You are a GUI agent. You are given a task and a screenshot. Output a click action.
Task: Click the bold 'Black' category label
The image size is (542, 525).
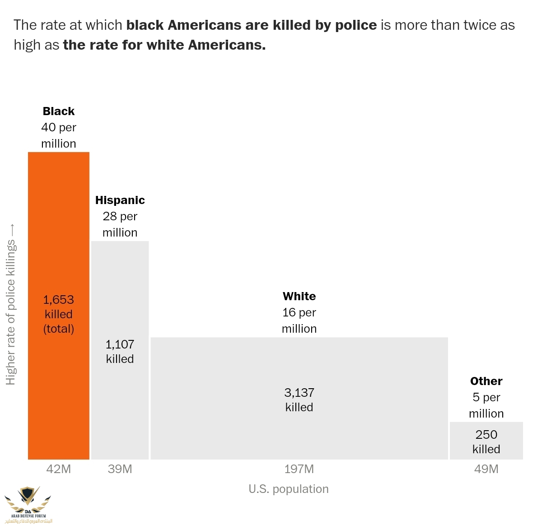tap(59, 112)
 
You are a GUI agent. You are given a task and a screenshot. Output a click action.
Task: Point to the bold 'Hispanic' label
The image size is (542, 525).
tap(120, 200)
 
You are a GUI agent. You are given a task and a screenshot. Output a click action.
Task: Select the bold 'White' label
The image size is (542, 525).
tap(299, 297)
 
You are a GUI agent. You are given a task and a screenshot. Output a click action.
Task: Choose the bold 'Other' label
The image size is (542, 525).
tap(486, 381)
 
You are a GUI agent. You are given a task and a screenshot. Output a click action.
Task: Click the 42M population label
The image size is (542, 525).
tap(59, 469)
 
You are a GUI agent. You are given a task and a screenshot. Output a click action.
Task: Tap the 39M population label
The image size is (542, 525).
tap(120, 469)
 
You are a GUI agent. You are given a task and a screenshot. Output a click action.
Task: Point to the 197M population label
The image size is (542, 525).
tap(299, 469)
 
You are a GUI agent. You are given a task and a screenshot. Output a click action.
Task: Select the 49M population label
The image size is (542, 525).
tap(486, 469)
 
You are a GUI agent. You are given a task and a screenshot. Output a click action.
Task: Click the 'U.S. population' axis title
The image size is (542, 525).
tap(289, 489)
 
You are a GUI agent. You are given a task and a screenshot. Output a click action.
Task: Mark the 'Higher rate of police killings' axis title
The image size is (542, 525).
tap(11, 311)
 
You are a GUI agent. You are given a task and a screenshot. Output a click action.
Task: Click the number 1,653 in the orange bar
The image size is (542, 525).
tap(59, 300)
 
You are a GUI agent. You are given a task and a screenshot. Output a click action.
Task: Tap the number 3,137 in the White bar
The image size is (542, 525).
tap(299, 393)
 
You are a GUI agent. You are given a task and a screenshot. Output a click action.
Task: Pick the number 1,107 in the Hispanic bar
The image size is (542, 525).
tap(120, 345)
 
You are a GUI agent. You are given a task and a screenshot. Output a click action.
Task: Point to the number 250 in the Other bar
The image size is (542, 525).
tap(486, 435)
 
